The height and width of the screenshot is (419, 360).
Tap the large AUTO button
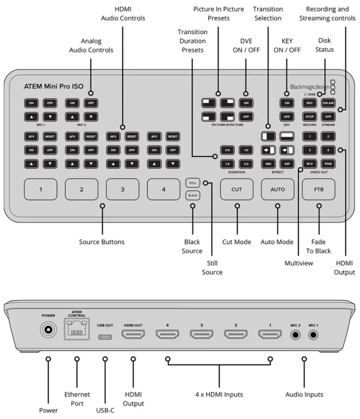[277, 189]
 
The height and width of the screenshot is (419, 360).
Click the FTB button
[318, 189]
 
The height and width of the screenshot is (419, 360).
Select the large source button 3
[122, 189]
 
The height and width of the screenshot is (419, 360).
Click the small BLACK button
[192, 195]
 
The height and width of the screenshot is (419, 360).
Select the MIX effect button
[268, 164]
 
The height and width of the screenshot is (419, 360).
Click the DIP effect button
[288, 164]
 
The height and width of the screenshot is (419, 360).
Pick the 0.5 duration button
[226, 150]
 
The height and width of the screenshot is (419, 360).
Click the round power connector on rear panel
[48, 329]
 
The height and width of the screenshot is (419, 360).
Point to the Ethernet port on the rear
[76, 330]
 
